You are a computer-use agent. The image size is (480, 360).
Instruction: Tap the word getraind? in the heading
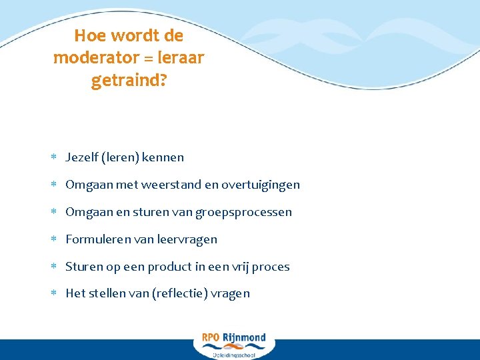pyautogui.click(x=129, y=81)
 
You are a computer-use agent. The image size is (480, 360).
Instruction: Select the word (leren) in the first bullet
pyautogui.click(x=120, y=157)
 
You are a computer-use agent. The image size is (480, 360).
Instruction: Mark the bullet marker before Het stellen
pyautogui.click(x=54, y=293)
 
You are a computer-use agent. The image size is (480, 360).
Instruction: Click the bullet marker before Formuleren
pyautogui.click(x=54, y=239)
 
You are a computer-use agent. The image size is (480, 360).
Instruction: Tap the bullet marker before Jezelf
pyautogui.click(x=54, y=157)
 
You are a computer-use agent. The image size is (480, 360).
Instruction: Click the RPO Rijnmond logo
pyautogui.click(x=234, y=344)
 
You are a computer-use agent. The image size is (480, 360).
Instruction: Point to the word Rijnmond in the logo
pyautogui.click(x=244, y=338)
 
